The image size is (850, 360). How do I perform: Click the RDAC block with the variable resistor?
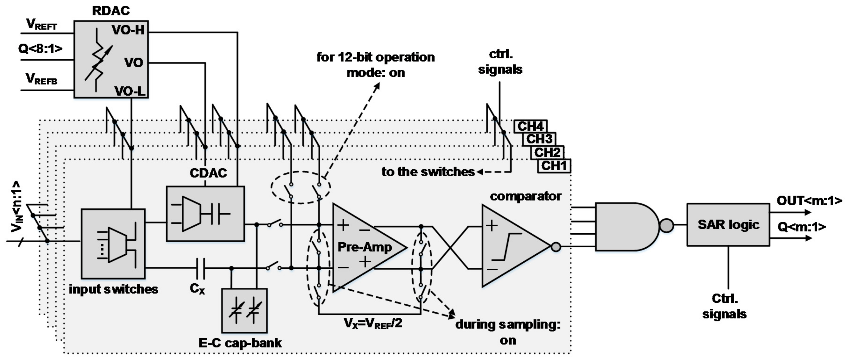coord(111,59)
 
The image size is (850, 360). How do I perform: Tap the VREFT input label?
coord(42,25)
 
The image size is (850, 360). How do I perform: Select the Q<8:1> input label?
coord(40,49)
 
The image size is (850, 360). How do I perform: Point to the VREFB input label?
coord(42,79)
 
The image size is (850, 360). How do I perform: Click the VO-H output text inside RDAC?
coord(128,30)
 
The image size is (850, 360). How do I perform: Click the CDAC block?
coord(205,214)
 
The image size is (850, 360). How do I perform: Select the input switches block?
coord(113,243)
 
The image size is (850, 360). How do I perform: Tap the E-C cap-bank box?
coord(244,310)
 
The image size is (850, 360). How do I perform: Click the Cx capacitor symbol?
coord(201,268)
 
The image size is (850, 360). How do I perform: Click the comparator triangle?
coord(511,246)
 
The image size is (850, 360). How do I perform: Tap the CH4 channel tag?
coord(530,126)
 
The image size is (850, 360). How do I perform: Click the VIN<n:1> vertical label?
coord(17,206)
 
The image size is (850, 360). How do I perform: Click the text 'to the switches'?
coord(428,171)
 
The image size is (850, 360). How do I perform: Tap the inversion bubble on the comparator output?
coord(556,247)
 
